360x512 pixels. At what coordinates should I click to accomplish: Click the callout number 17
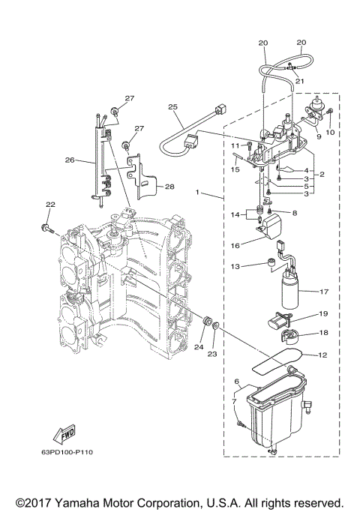(324, 292)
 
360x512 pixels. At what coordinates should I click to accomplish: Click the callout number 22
(50, 205)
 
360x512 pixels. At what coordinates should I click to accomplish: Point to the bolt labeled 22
(46, 226)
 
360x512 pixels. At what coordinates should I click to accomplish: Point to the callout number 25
(173, 108)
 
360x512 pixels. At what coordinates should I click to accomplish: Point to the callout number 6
(236, 382)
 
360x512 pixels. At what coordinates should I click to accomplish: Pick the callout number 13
(235, 266)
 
